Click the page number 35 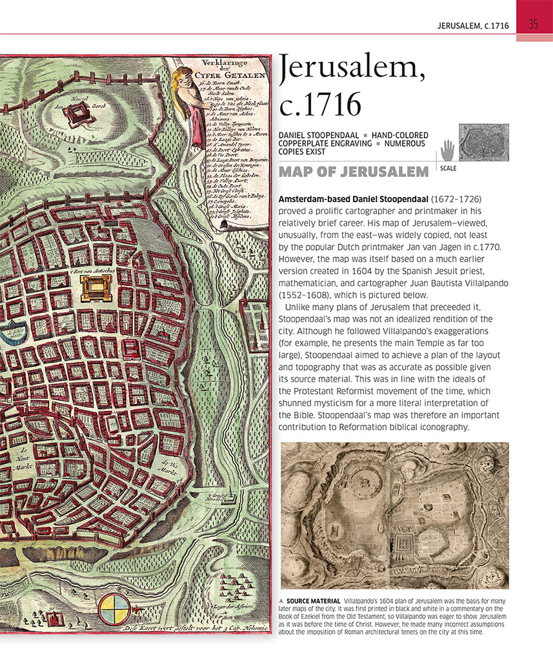(x=534, y=25)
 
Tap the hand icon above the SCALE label (x=447, y=151)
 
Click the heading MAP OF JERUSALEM (x=354, y=172)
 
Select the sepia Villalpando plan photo (x=394, y=516)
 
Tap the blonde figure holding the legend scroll (x=188, y=103)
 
